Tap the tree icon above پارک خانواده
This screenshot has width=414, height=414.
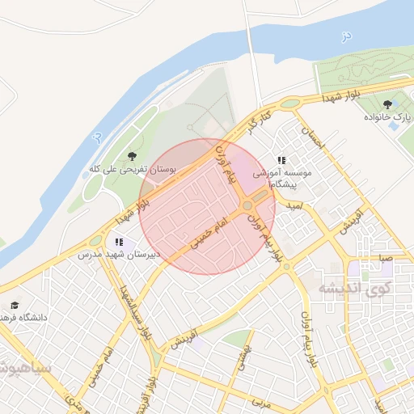387,103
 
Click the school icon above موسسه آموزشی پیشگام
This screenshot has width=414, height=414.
281,160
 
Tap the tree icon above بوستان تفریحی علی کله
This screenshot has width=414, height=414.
132,156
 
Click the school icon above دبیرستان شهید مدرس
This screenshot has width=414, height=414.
120,242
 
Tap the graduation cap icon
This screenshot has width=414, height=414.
14,306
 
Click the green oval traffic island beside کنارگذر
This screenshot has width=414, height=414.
289,104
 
